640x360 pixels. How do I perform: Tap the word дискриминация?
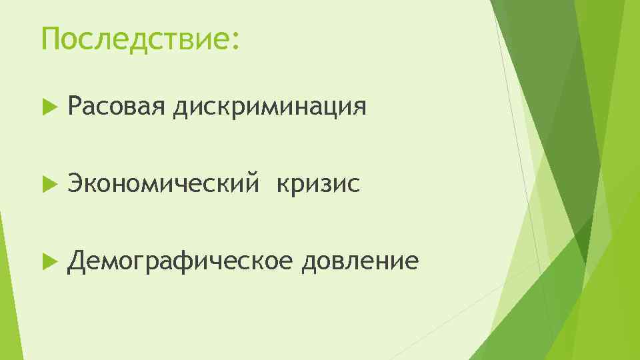(269, 107)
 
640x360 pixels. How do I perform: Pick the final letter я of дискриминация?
(360, 108)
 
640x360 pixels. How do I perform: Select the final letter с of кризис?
(355, 185)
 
